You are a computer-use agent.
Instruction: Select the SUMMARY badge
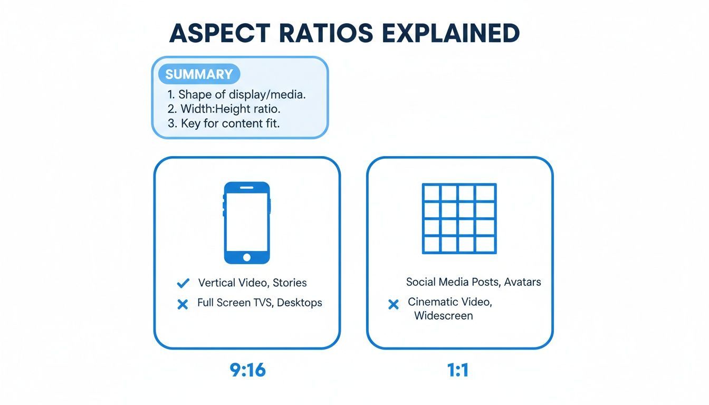pos(199,74)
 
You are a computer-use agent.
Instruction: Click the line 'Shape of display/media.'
pos(236,95)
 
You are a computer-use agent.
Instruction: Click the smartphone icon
pos(247,223)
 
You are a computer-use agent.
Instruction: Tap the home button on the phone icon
pos(247,257)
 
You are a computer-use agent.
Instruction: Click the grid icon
pos(459,218)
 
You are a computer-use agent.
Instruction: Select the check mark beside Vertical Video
pos(183,284)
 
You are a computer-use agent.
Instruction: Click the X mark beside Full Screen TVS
pos(183,304)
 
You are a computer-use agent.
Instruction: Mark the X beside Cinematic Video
pos(393,304)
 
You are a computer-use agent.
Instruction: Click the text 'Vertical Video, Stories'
pos(252,283)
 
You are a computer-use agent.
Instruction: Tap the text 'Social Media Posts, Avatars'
pos(473,282)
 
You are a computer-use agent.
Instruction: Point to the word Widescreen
pos(443,316)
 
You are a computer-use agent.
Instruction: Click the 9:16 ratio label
pos(248,370)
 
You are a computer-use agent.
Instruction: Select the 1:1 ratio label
pos(458,370)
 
